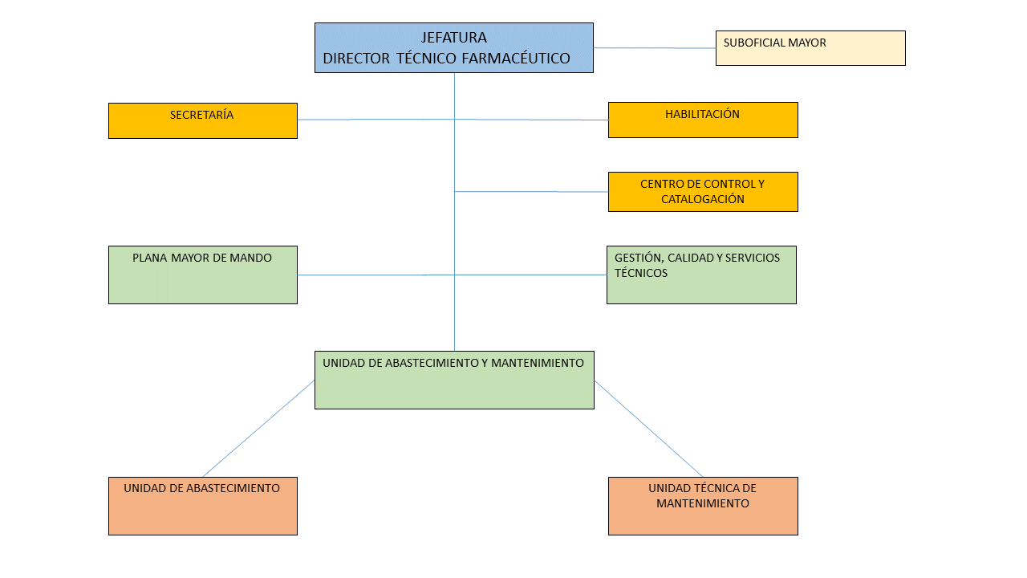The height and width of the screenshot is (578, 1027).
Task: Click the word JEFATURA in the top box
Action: click(453, 38)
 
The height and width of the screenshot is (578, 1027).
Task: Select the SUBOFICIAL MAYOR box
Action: click(810, 48)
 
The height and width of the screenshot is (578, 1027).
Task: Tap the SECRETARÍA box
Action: click(202, 120)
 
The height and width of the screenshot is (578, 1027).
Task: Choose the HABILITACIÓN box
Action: click(703, 120)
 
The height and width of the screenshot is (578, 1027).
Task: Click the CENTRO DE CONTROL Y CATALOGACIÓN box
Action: click(703, 192)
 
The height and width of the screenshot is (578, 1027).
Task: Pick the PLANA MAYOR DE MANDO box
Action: click(202, 275)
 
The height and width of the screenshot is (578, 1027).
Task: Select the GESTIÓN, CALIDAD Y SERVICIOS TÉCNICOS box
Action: click(701, 275)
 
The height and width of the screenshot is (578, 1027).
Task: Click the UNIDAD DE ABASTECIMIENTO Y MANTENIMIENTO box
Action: click(454, 380)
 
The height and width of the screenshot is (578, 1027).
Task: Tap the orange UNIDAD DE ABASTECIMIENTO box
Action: click(202, 506)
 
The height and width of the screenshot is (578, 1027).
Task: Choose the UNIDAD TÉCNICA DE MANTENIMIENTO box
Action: click(703, 506)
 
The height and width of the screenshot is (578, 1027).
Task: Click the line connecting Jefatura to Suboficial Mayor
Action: click(654, 48)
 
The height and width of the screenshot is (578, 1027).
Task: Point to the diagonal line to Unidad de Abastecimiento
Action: click(258, 429)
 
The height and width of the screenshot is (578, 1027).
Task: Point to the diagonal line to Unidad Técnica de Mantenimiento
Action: click(648, 429)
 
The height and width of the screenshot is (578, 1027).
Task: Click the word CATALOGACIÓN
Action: click(702, 199)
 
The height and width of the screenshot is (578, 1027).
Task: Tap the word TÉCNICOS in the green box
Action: click(640, 273)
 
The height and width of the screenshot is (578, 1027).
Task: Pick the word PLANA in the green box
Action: click(149, 258)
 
